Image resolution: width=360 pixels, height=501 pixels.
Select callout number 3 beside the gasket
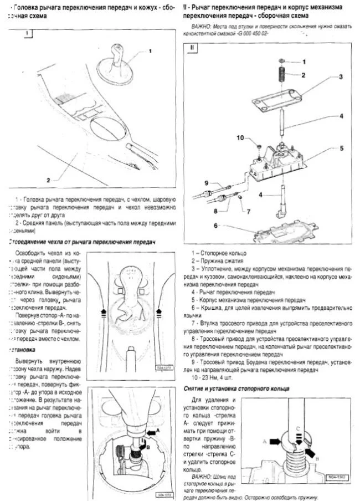[342, 76]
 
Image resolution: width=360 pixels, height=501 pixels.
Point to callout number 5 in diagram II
[342, 148]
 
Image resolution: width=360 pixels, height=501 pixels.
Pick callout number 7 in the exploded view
[249, 212]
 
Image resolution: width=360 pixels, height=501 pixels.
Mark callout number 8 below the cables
[214, 211]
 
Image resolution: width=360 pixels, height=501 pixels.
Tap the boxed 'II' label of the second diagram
[192, 48]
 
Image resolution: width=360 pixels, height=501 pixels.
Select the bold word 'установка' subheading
[21, 350]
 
